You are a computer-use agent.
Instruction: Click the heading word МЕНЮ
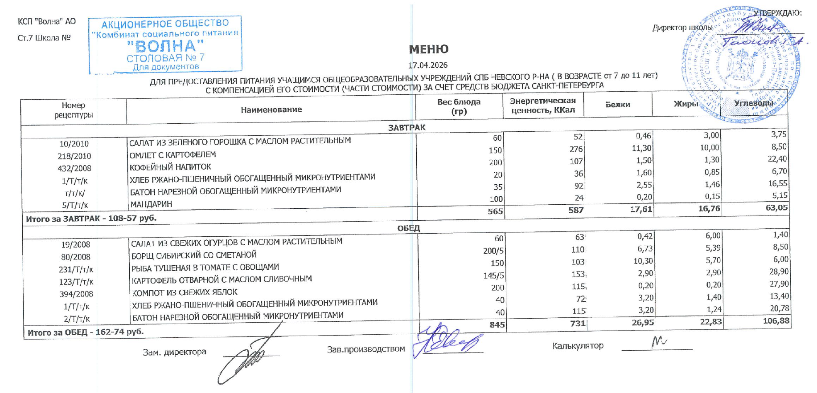(x=428, y=49)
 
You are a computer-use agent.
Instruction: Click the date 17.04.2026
(x=427, y=65)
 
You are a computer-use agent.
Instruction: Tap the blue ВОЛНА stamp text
(x=165, y=46)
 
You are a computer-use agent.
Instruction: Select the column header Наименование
(x=271, y=109)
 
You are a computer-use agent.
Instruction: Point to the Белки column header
(x=617, y=105)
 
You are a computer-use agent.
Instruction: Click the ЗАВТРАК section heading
(x=406, y=127)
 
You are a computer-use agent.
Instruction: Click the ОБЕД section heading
(x=408, y=228)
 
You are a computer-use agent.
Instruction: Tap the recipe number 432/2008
(x=74, y=168)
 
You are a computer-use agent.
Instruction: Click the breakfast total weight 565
(x=495, y=211)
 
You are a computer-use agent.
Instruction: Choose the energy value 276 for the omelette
(x=576, y=149)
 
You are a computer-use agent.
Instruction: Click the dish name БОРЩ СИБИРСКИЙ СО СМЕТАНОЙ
(x=194, y=255)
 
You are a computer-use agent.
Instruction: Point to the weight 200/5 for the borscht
(x=493, y=251)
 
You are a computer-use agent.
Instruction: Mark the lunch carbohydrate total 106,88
(x=775, y=320)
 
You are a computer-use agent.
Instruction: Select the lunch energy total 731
(x=577, y=324)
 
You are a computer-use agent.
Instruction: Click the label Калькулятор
(x=578, y=345)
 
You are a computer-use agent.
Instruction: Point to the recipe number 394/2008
(x=76, y=294)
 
